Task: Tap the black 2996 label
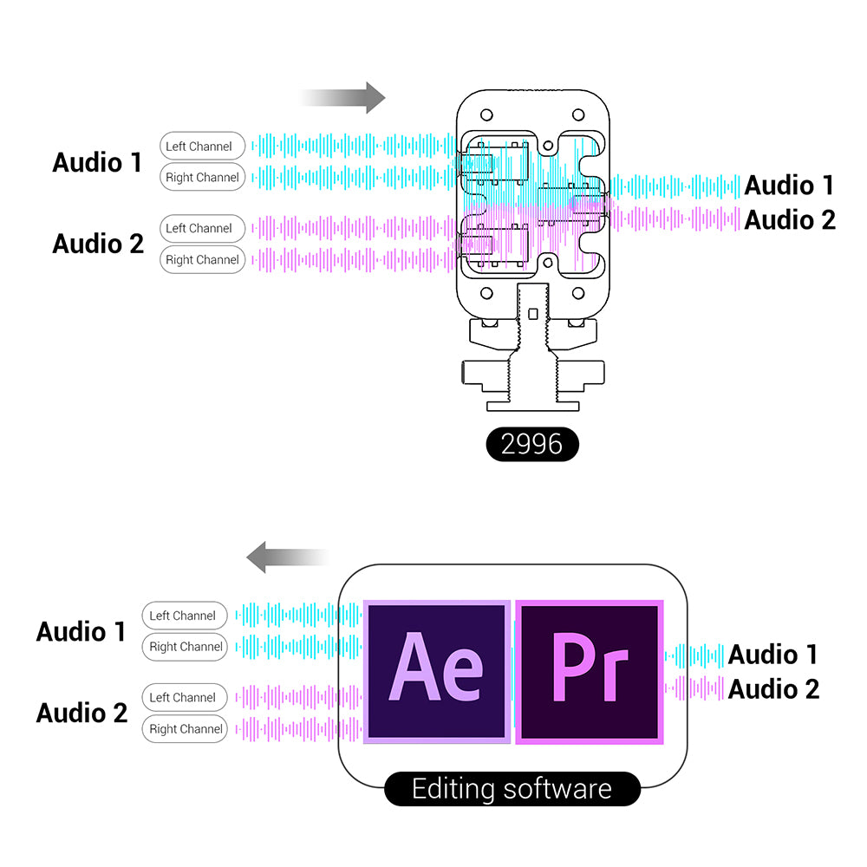pos(531,444)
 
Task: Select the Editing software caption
pos(512,789)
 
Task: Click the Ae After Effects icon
pos(436,671)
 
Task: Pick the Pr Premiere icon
pos(590,671)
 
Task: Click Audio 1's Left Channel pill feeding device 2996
pos(202,147)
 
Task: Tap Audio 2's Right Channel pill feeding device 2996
pos(202,259)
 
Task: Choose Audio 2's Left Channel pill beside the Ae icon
pos(185,697)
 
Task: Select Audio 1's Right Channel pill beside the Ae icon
pos(185,647)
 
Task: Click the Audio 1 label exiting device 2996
pos(789,185)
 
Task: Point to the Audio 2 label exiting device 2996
pos(789,219)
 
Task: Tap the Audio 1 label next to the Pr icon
pos(772,655)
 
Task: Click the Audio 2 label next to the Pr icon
pos(772,689)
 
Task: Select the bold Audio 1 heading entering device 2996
pos(97,162)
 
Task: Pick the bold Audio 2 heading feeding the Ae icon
pos(81,713)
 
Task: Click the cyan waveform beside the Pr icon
pos(694,655)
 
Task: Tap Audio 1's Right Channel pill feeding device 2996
pos(202,178)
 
